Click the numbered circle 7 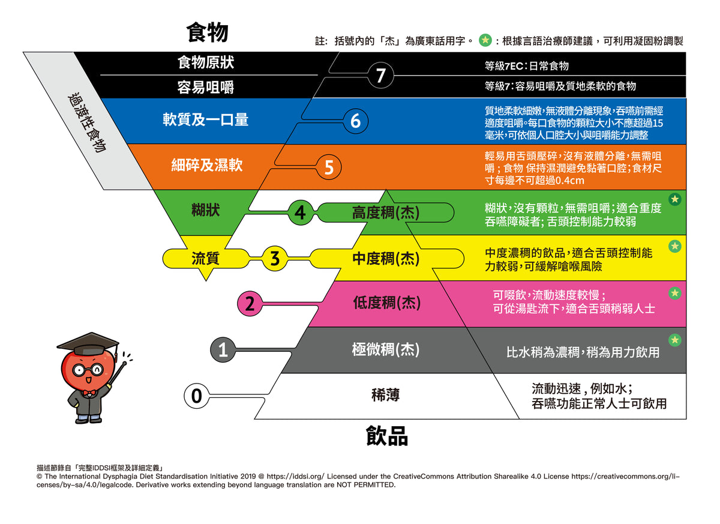click(x=381, y=75)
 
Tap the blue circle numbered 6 click(x=355, y=121)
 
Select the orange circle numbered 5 click(x=329, y=167)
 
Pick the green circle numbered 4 click(x=300, y=212)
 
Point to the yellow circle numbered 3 click(x=275, y=258)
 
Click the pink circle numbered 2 click(x=250, y=304)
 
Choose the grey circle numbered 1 click(x=223, y=350)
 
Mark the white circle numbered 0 click(x=197, y=396)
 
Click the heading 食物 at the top click(x=208, y=32)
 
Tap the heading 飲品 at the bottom click(x=387, y=436)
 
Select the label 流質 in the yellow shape click(x=205, y=258)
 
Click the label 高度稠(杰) click(x=386, y=212)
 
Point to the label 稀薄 click(x=385, y=395)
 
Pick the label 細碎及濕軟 click(x=207, y=165)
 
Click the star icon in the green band click(x=675, y=199)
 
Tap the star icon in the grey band click(x=675, y=340)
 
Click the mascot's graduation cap click(x=88, y=343)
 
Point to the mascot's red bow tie click(x=89, y=393)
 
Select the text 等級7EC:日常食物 click(x=527, y=66)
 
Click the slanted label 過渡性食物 click(x=87, y=123)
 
